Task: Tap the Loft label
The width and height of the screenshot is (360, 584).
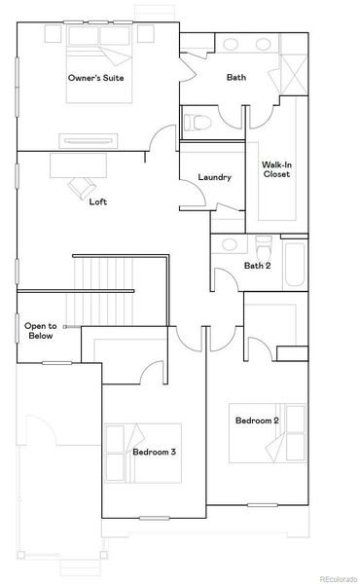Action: pyautogui.click(x=98, y=202)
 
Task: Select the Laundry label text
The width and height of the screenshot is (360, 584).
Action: pyautogui.click(x=213, y=177)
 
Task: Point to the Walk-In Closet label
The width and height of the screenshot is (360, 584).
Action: pyautogui.click(x=276, y=171)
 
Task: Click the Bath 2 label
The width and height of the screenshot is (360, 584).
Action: pyautogui.click(x=256, y=266)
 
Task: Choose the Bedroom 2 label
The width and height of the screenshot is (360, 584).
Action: pyautogui.click(x=257, y=420)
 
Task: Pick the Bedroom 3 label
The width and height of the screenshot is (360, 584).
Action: pyautogui.click(x=155, y=453)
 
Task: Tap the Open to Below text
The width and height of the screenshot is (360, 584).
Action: pyautogui.click(x=40, y=330)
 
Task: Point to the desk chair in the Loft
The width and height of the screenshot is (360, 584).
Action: pyautogui.click(x=79, y=186)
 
